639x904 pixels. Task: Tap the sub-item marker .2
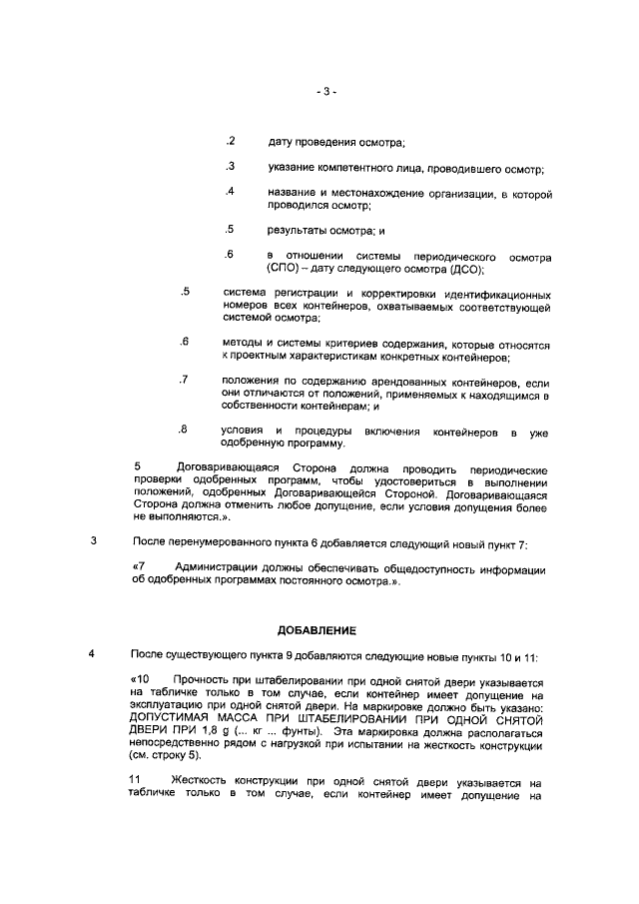click(230, 141)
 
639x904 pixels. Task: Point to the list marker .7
click(184, 381)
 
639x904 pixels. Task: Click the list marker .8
click(184, 430)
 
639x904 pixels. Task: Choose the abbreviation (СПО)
click(285, 269)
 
